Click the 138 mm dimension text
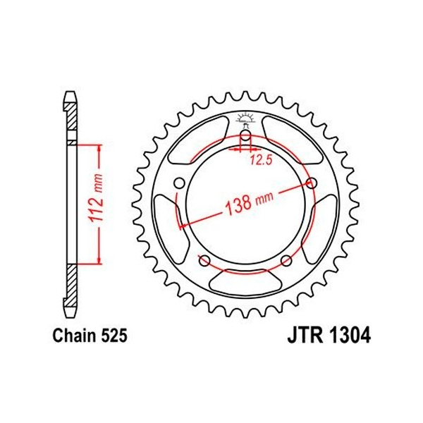point(249,202)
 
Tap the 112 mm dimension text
point(97,197)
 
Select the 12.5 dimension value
point(261,160)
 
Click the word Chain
point(73,336)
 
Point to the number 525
point(114,336)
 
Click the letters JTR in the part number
point(305,336)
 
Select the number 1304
point(350,336)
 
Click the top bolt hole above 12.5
point(245,135)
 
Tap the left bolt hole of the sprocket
point(179,183)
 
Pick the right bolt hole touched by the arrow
point(312,183)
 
